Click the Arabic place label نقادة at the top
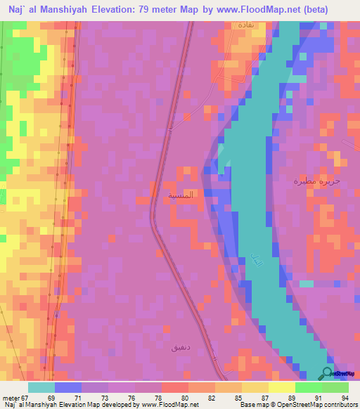coord(245,25)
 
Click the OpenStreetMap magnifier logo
coord(328,372)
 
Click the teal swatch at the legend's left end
coord(41,387)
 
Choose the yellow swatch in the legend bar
coord(281,387)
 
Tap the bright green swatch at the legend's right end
coord(335,387)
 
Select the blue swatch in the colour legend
coord(68,387)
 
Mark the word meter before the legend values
coord(10,397)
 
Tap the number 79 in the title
coord(150,11)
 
